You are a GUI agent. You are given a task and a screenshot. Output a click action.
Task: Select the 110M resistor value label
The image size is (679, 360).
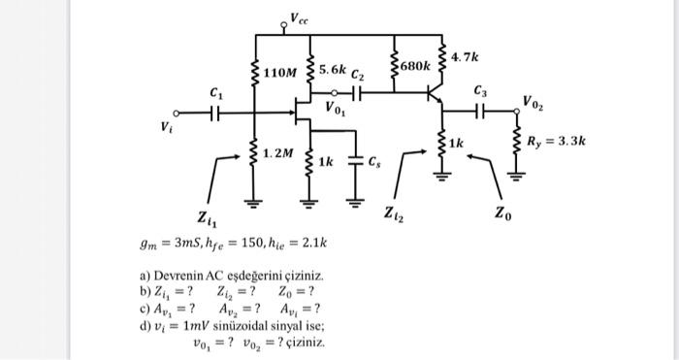click(281, 73)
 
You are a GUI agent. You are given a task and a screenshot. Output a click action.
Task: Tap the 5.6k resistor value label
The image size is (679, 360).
click(332, 71)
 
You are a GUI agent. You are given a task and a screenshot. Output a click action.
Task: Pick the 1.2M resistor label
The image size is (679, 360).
click(278, 154)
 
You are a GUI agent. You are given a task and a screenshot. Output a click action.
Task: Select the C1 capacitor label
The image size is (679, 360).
click(215, 92)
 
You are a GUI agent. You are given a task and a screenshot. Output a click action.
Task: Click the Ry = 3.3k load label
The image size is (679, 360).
click(556, 142)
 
